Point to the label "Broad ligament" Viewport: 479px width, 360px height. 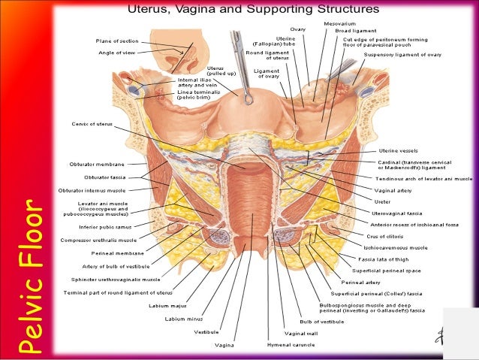click(x=355, y=31)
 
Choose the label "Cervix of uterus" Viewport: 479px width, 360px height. click(x=92, y=124)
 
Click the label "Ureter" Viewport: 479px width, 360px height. click(x=382, y=201)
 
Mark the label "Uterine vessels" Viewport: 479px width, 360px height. click(x=401, y=150)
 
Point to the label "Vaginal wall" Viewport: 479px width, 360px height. click(x=300, y=333)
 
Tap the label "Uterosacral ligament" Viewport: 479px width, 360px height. click(x=395, y=213)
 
